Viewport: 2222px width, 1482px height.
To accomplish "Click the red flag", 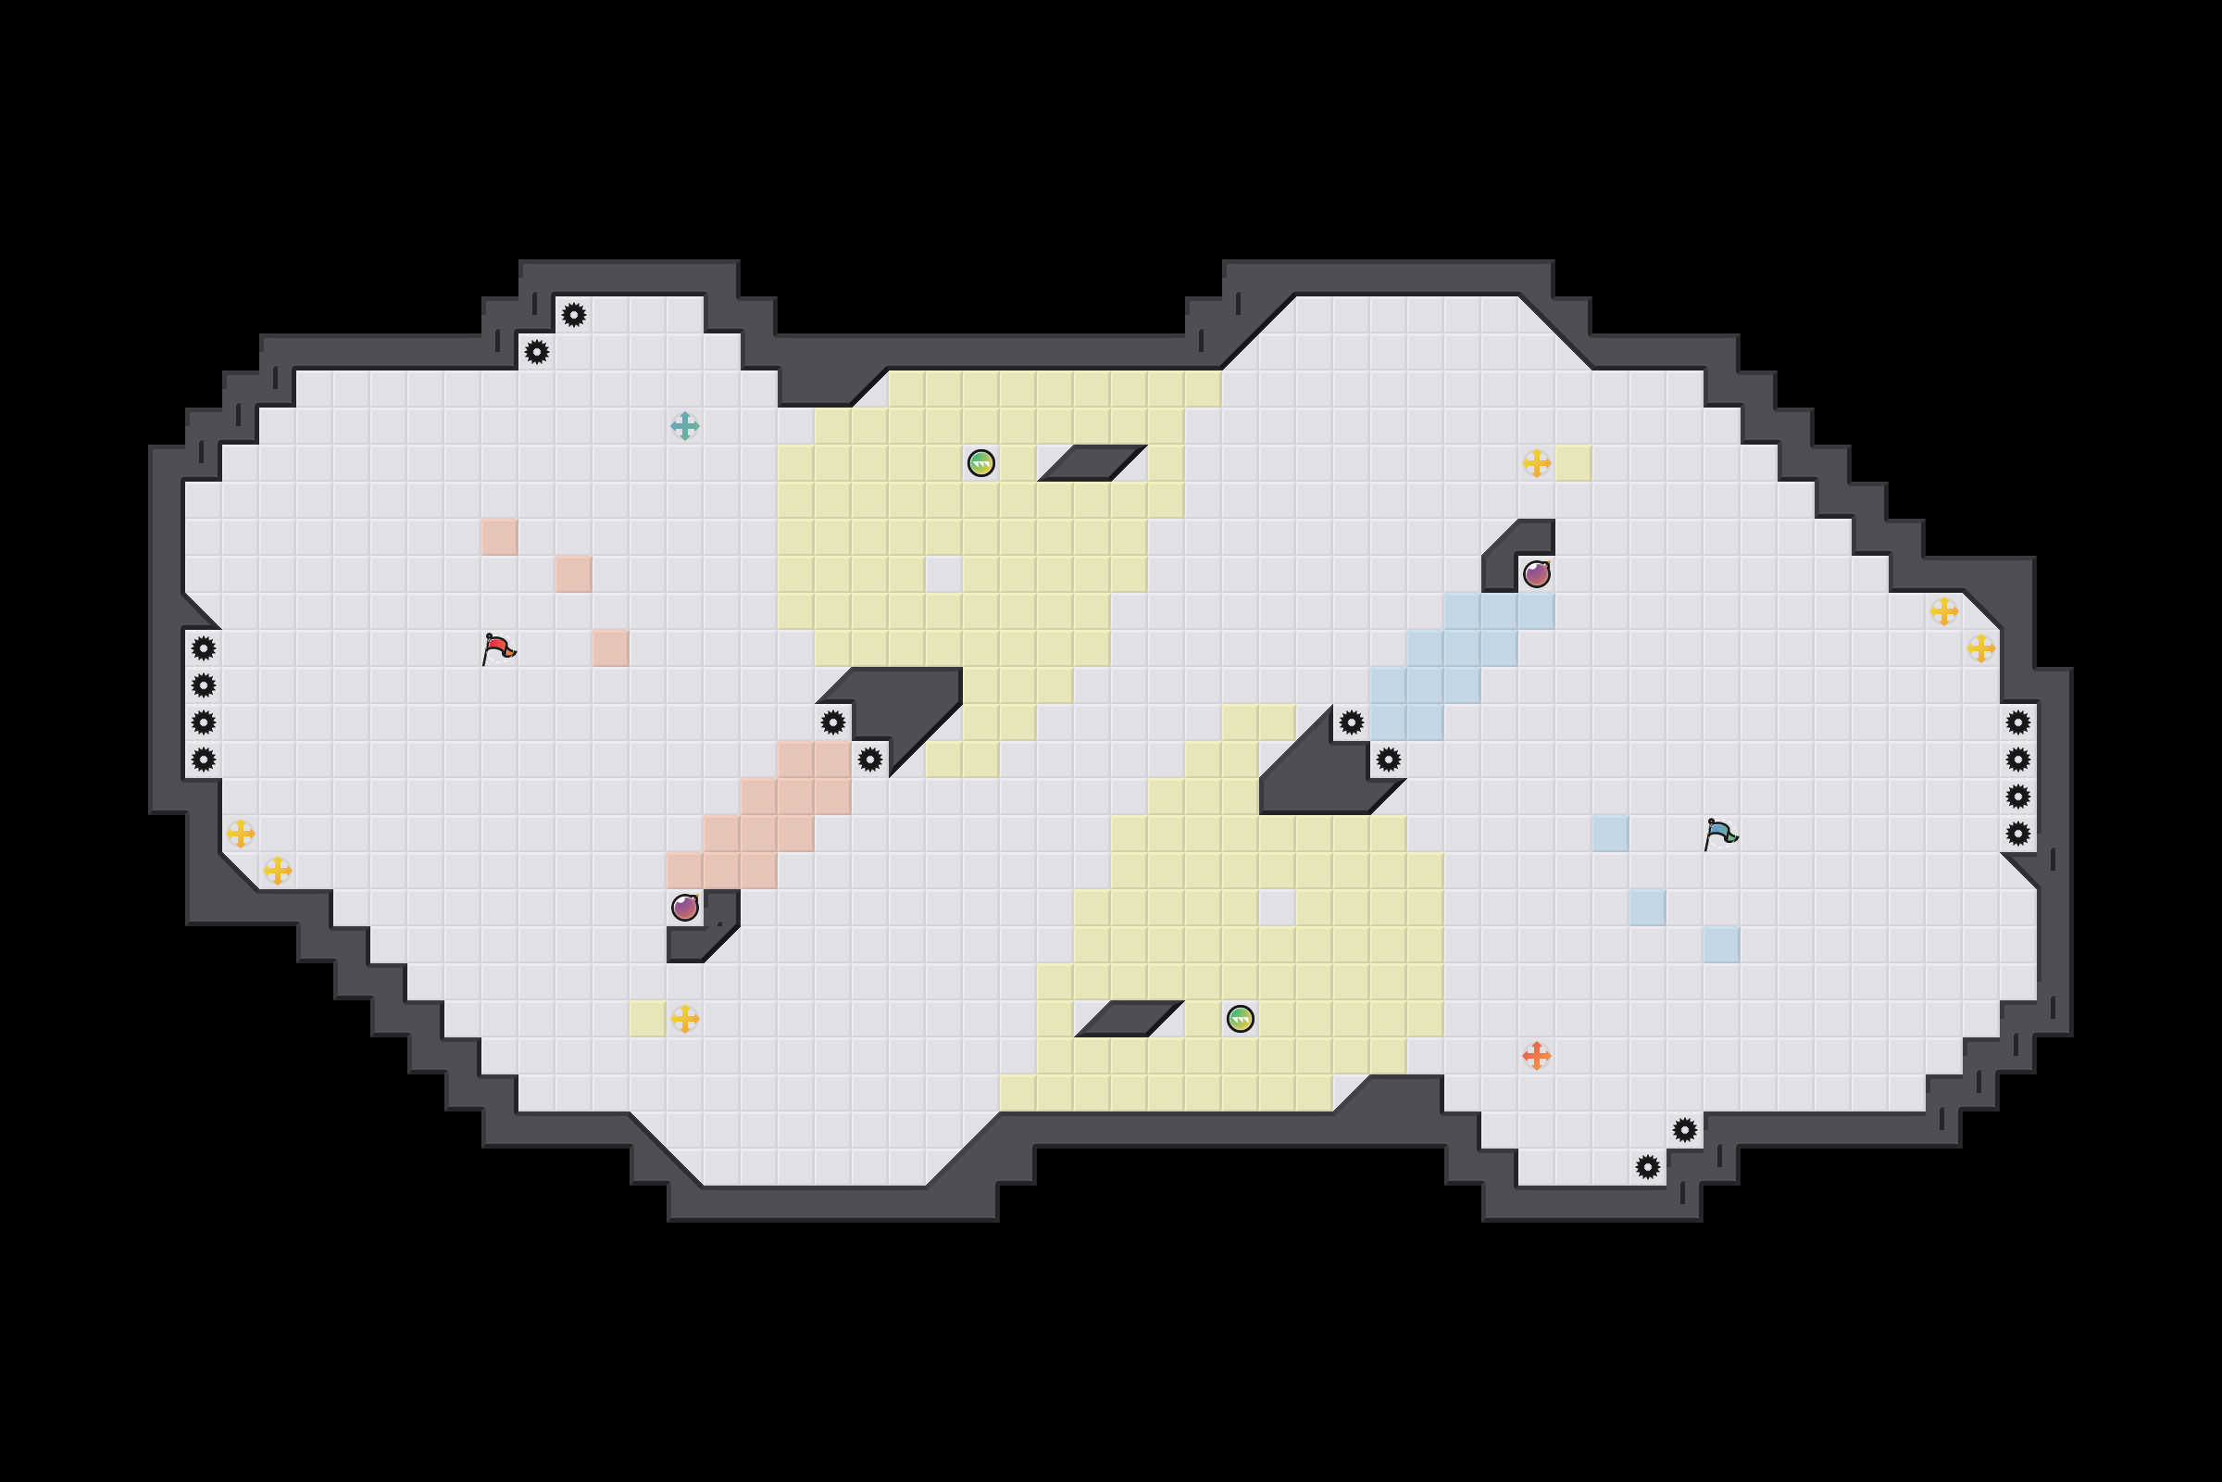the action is tap(497, 648).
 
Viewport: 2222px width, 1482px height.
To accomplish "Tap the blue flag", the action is tap(1719, 834).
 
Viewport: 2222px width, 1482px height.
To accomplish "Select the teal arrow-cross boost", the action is tap(684, 426).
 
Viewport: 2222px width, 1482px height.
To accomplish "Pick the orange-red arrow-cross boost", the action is tap(1536, 1056).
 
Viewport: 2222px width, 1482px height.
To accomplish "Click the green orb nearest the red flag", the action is tap(980, 463).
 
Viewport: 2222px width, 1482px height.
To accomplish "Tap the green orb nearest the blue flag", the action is tap(1240, 1019).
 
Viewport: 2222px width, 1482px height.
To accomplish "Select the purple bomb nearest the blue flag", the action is tap(1536, 573).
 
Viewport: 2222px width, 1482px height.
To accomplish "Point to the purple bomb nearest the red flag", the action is tap(684, 908).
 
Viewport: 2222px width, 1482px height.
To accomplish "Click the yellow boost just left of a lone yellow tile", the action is tap(1536, 463).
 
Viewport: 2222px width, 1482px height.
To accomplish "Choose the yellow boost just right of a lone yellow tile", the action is tap(684, 1019).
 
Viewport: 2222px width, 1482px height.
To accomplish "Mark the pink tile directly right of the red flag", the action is tap(610, 648).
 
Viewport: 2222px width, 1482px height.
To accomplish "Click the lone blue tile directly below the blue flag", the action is tap(1721, 944).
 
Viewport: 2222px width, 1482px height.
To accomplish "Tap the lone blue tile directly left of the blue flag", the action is tap(1610, 834).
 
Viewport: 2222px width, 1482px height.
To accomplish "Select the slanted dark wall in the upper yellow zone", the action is tap(1092, 463).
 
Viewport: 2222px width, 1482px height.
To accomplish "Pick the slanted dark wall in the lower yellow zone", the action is tap(1129, 1019).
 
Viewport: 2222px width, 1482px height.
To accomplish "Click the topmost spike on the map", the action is tap(573, 315).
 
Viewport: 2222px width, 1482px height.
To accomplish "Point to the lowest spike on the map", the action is tap(1648, 1167).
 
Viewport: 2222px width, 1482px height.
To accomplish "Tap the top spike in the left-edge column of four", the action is tap(203, 648).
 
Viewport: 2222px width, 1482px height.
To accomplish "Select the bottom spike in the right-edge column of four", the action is tap(2018, 834).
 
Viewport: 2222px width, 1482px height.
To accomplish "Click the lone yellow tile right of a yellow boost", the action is tap(1573, 463).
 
